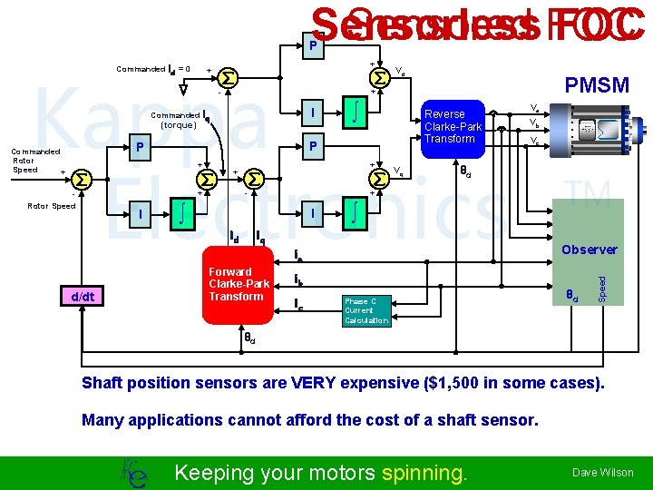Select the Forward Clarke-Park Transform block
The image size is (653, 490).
[x=236, y=284]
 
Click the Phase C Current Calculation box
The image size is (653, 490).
[x=366, y=310]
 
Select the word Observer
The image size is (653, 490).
[x=590, y=250]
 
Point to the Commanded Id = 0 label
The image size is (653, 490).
[x=153, y=69]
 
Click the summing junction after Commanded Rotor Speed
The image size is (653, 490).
[x=82, y=176]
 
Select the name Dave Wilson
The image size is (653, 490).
[x=602, y=472]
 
